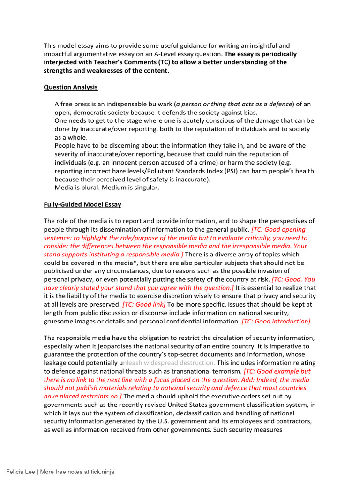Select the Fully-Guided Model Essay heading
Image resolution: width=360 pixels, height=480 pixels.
pyautogui.click(x=82, y=204)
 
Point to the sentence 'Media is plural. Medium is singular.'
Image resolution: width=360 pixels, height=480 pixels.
pyautogui.click(x=107, y=187)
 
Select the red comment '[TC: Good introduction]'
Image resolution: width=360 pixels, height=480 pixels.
pyautogui.click(x=276, y=321)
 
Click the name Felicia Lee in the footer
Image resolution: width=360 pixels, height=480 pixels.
pyautogui.click(x=20, y=472)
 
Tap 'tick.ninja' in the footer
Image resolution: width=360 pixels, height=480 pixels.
pyautogui.click(x=102, y=472)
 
